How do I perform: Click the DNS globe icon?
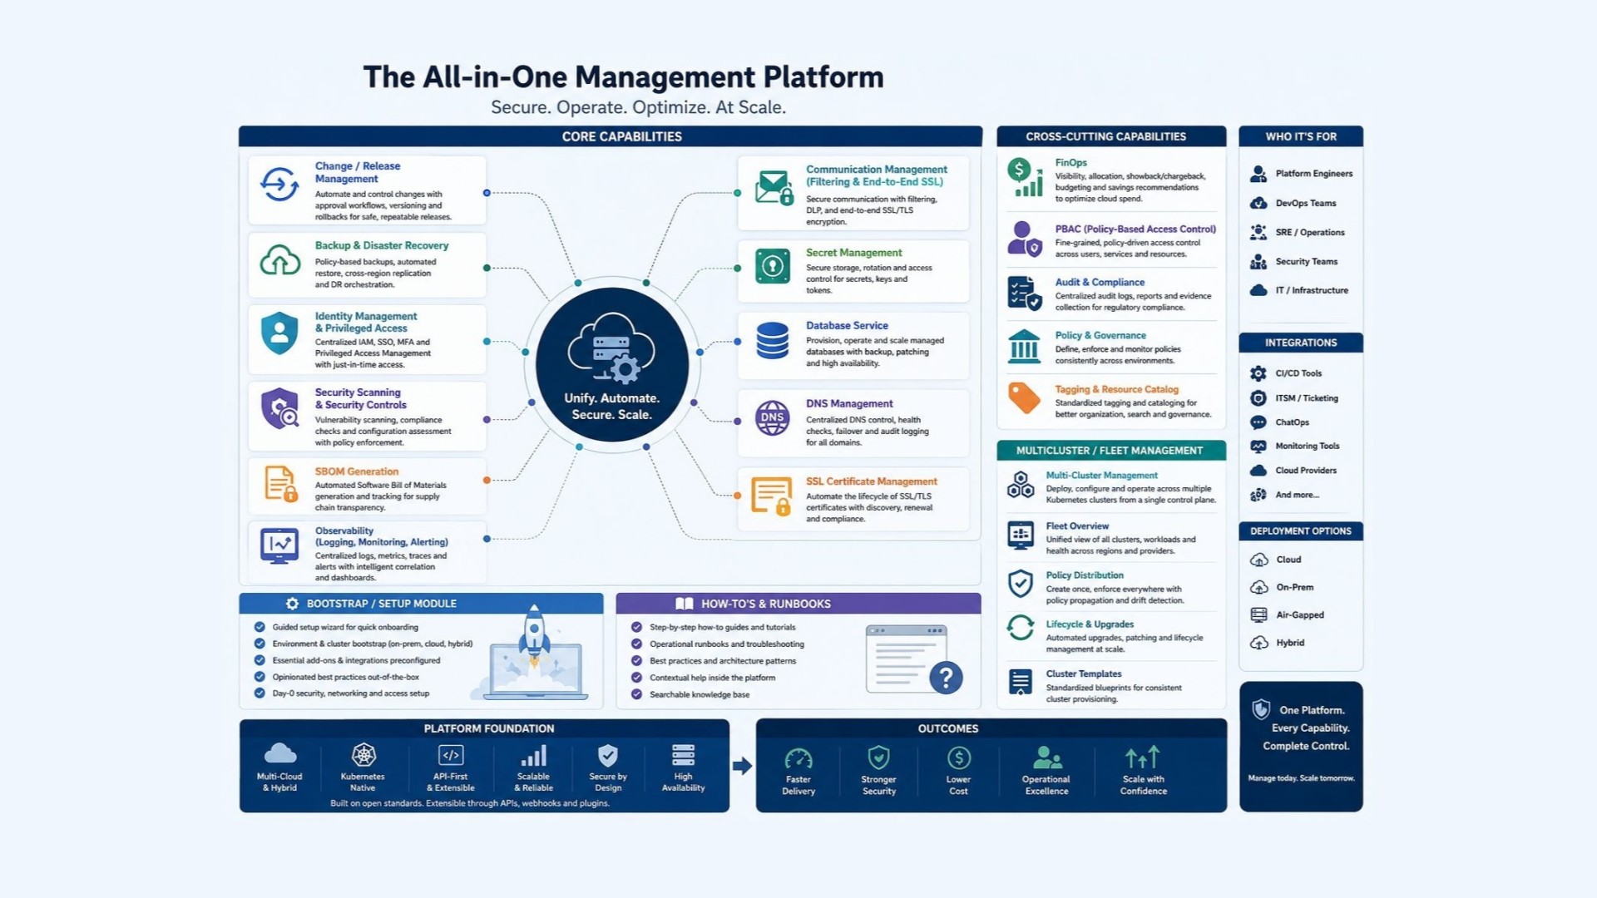(772, 417)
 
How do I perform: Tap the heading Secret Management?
(853, 253)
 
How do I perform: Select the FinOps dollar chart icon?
(1025, 178)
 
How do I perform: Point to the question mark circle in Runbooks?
(946, 678)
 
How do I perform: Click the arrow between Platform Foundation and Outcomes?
(742, 766)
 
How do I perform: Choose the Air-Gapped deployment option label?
(1300, 615)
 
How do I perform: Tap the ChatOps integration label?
(1292, 422)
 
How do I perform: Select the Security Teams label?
(1307, 261)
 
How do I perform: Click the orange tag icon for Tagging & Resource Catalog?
(1024, 398)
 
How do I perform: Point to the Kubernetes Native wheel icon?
(363, 755)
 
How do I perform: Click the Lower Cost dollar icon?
(958, 757)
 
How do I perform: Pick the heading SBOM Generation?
(356, 471)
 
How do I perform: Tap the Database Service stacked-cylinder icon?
(772, 341)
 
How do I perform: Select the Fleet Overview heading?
(1077, 526)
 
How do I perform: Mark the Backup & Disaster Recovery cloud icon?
(280, 260)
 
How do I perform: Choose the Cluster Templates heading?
(1084, 674)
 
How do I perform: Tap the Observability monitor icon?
(279, 546)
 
